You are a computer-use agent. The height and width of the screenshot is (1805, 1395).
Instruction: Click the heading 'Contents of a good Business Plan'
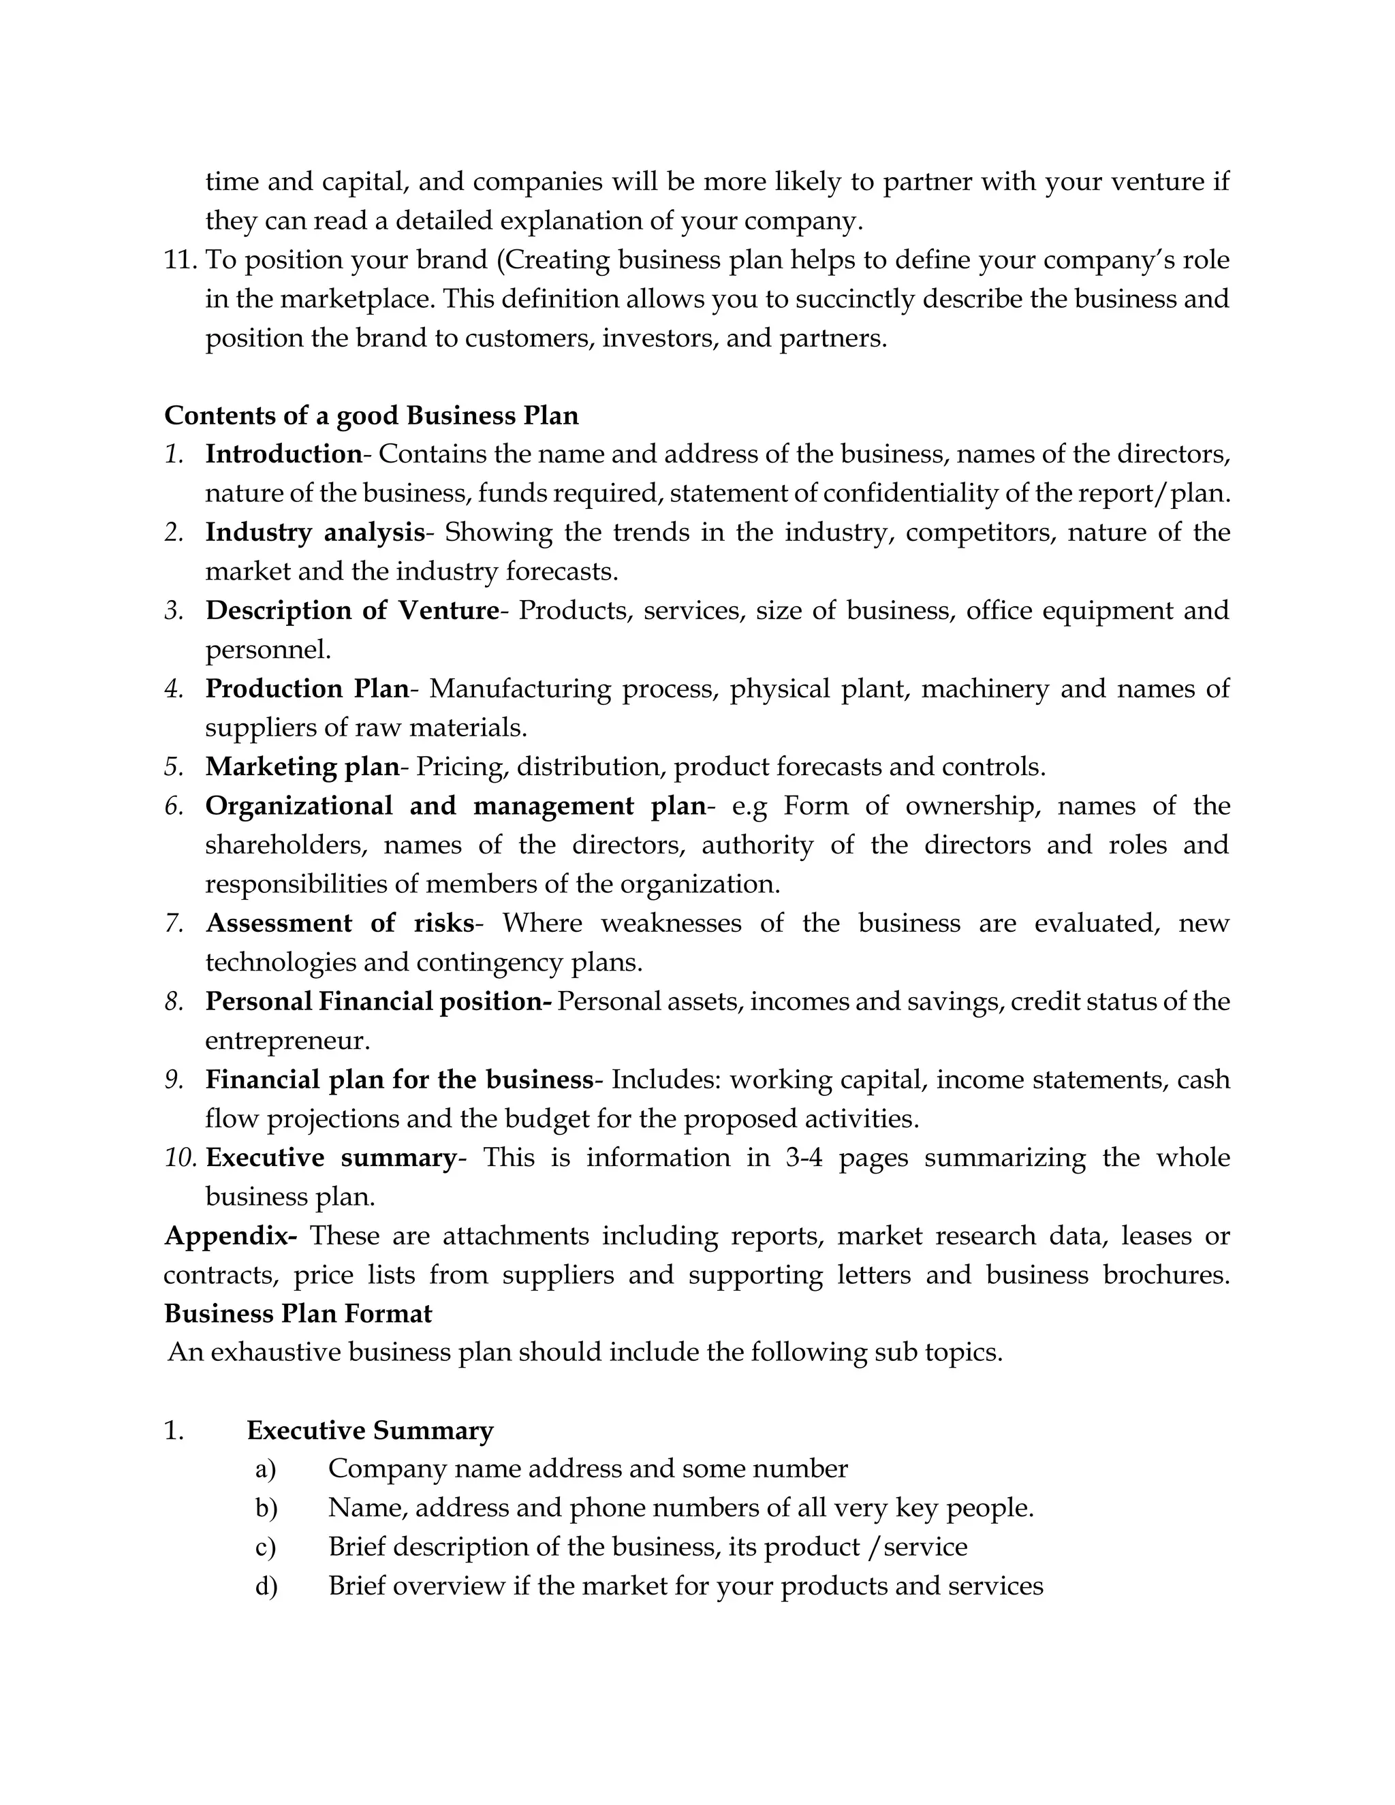371,415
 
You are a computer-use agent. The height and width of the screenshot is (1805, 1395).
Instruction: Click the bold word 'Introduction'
283,454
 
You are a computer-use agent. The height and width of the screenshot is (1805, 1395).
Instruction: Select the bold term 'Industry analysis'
314,532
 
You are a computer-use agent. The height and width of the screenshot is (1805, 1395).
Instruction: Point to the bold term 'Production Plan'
307,689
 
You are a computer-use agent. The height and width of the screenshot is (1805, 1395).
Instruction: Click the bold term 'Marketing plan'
302,766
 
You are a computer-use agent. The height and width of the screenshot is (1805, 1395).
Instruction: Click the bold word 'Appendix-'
231,1236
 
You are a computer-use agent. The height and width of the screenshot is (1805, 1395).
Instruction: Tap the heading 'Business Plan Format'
298,1313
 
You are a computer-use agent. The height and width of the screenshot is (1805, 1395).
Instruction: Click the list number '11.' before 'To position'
181,260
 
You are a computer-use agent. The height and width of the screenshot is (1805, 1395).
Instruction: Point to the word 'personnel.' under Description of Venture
268,650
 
